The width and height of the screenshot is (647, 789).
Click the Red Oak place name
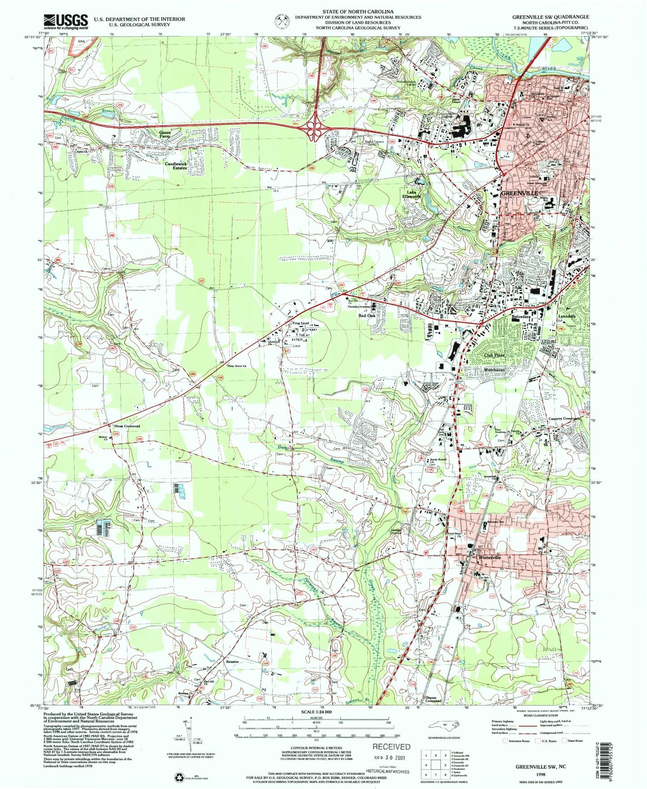(x=367, y=315)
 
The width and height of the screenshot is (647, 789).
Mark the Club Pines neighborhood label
(x=494, y=355)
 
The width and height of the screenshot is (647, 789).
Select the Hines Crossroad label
(x=127, y=426)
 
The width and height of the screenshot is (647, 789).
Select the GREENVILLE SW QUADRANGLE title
(x=551, y=17)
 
